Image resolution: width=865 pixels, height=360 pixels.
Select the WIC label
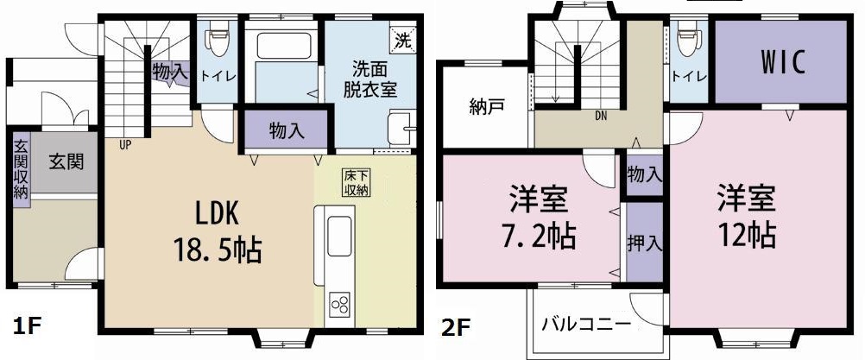coord(781,62)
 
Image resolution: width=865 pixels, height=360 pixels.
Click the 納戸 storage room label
coord(484,108)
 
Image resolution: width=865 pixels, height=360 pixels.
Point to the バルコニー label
coord(585,325)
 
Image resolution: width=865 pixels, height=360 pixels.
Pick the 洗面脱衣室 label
coord(373,77)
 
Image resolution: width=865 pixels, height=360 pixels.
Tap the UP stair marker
coord(125,144)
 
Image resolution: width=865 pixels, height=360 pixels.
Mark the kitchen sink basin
coord(339,233)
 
